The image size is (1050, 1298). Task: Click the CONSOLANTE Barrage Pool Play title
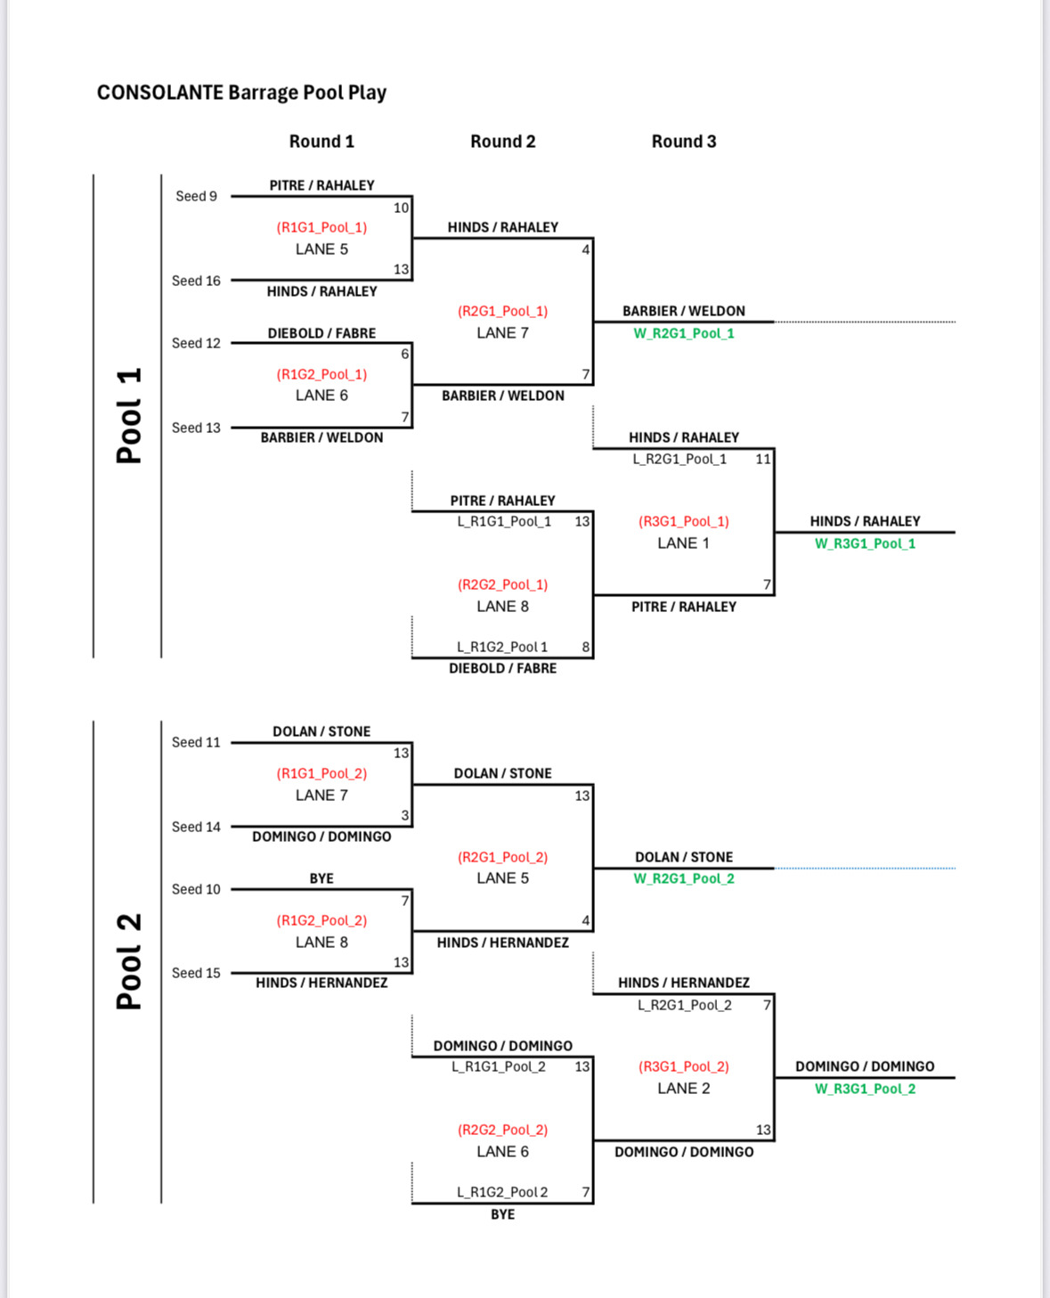click(x=241, y=93)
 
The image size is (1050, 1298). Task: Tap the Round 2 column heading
click(x=502, y=142)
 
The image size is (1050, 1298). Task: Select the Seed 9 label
click(x=196, y=196)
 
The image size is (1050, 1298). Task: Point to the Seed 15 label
click(x=196, y=973)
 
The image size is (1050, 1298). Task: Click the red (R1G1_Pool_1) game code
click(x=322, y=227)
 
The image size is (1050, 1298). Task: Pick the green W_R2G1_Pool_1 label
click(x=683, y=333)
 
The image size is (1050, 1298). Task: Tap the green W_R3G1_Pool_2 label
click(x=865, y=1089)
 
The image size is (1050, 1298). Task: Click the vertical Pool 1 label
click(x=129, y=416)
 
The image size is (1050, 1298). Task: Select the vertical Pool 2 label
click(x=129, y=961)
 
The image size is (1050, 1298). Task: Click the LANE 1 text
click(x=683, y=543)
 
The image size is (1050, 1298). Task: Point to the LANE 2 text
click(x=683, y=1089)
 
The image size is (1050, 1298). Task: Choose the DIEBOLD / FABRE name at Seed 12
click(x=322, y=333)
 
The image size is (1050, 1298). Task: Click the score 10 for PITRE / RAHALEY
click(x=401, y=208)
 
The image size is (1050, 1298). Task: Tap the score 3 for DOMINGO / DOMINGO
click(x=405, y=815)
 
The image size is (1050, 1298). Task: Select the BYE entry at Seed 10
click(x=321, y=878)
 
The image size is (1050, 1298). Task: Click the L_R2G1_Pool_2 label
click(x=685, y=1005)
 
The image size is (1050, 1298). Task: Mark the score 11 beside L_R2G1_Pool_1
click(x=763, y=459)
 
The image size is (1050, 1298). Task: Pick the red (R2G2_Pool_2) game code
click(x=502, y=1130)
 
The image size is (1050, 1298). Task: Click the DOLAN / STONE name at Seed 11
click(x=322, y=731)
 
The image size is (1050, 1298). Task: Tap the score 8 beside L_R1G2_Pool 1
click(x=585, y=647)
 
